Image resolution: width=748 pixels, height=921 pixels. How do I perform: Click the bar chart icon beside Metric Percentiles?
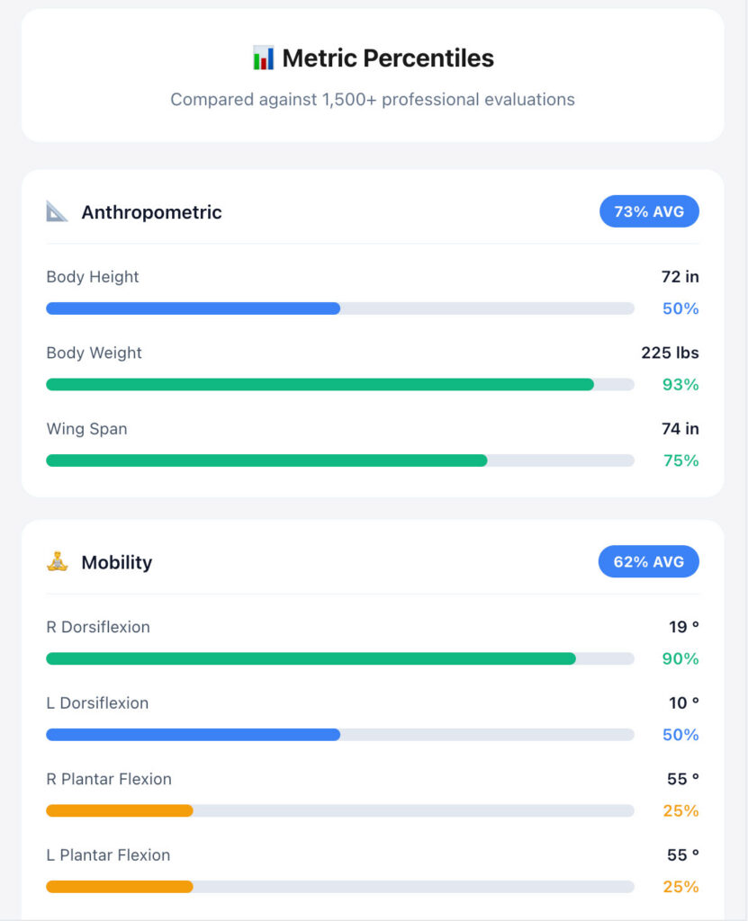(x=263, y=58)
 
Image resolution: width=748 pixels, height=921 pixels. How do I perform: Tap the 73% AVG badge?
(x=649, y=212)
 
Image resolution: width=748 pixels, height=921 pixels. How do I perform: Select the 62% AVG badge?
(x=649, y=562)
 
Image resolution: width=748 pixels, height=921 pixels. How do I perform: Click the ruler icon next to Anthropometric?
(x=57, y=211)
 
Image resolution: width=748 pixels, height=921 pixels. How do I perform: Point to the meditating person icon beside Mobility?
(x=57, y=562)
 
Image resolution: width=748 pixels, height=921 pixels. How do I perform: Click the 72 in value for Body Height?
(x=680, y=277)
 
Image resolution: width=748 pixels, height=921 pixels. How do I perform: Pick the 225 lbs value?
(x=670, y=353)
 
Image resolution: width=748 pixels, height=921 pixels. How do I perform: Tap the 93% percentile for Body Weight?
(x=680, y=385)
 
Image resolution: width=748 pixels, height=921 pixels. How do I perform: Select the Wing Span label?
(x=86, y=429)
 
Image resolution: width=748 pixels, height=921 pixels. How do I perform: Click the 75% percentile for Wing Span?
(x=680, y=460)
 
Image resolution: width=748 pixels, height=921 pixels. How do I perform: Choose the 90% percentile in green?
(x=680, y=659)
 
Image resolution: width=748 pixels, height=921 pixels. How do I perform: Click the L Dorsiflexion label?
(x=97, y=703)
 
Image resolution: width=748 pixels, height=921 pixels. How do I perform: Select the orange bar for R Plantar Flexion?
(x=120, y=810)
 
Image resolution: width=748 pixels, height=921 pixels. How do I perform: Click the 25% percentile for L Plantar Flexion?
(x=680, y=887)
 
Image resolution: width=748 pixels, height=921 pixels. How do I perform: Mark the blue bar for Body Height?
(x=193, y=308)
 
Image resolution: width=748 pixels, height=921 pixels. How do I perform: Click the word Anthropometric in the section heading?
(x=151, y=212)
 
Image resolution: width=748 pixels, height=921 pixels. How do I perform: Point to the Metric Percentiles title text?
(x=388, y=58)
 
